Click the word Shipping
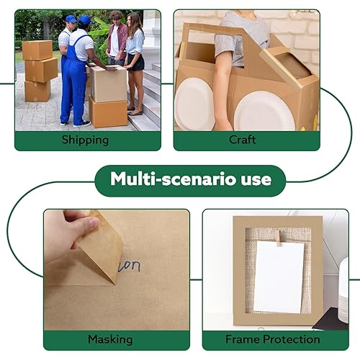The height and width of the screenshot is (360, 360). (86, 139)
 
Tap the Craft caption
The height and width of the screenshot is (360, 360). (243, 139)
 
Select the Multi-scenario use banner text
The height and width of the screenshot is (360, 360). (190, 179)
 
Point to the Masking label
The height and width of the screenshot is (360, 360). (109, 339)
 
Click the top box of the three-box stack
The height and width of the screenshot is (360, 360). (37, 50)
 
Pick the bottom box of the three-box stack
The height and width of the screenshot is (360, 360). (37, 91)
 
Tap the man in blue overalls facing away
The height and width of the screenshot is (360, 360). (76, 72)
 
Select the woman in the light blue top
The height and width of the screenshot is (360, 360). (135, 58)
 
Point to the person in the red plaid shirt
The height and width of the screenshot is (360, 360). (116, 40)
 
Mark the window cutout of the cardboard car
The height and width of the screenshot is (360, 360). (292, 64)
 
